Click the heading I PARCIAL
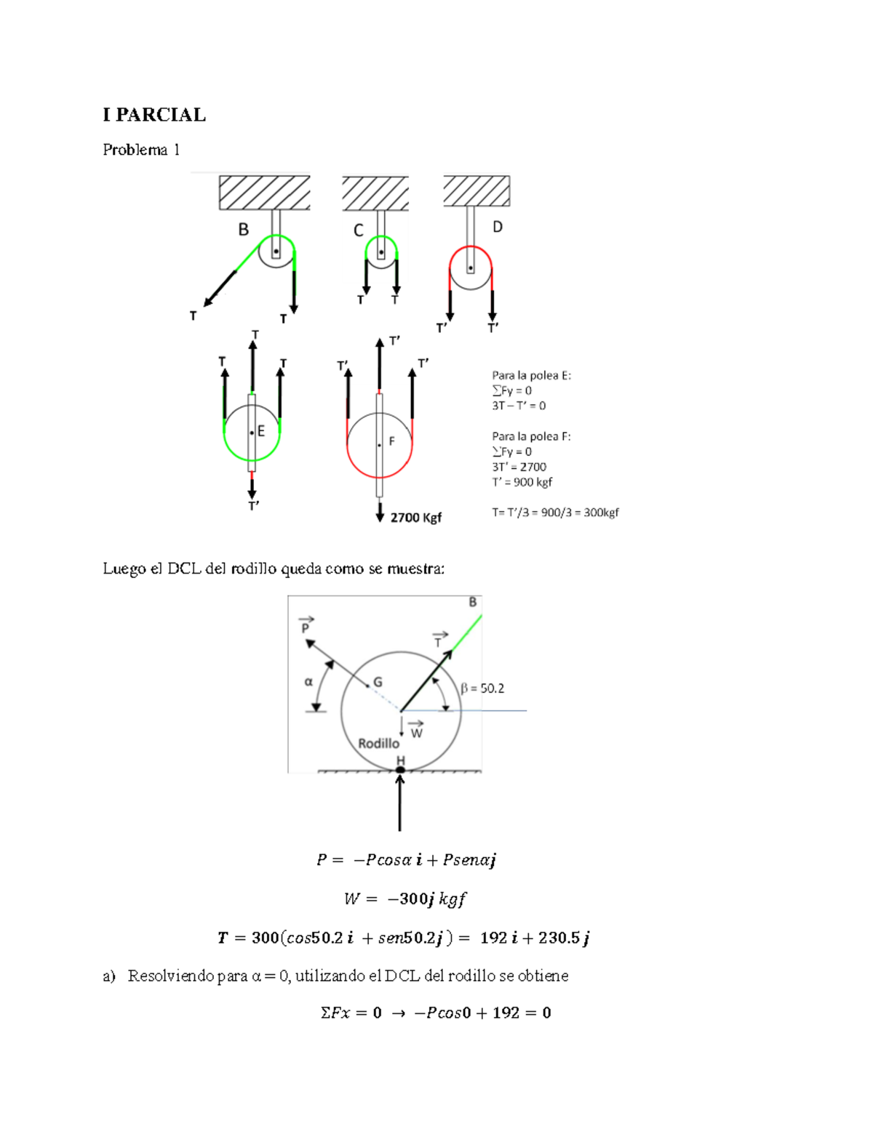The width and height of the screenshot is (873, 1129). (x=154, y=115)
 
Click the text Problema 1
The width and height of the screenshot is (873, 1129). (x=141, y=150)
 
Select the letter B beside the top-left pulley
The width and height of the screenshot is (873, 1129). (x=243, y=230)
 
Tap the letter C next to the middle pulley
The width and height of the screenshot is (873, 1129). (x=358, y=230)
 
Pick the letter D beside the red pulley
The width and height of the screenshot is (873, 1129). (x=498, y=227)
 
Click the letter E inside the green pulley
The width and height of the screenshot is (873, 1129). (x=261, y=430)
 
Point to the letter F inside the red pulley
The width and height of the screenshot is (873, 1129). (x=392, y=441)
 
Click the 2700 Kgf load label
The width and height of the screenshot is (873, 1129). (x=416, y=518)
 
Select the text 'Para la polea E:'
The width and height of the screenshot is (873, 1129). (x=531, y=375)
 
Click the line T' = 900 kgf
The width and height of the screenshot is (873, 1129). (x=522, y=482)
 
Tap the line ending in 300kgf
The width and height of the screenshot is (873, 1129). (x=555, y=513)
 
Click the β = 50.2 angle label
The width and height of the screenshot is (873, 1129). (x=482, y=689)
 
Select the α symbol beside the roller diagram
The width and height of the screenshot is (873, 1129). (x=308, y=682)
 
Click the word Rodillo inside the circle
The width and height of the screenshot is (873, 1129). (x=378, y=744)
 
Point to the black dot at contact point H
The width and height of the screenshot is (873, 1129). (x=400, y=769)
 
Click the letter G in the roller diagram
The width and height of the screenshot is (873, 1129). (x=378, y=682)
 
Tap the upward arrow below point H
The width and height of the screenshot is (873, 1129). (x=400, y=803)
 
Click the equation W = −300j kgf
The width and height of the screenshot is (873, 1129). (x=405, y=899)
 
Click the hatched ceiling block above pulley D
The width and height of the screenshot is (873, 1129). (x=477, y=190)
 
